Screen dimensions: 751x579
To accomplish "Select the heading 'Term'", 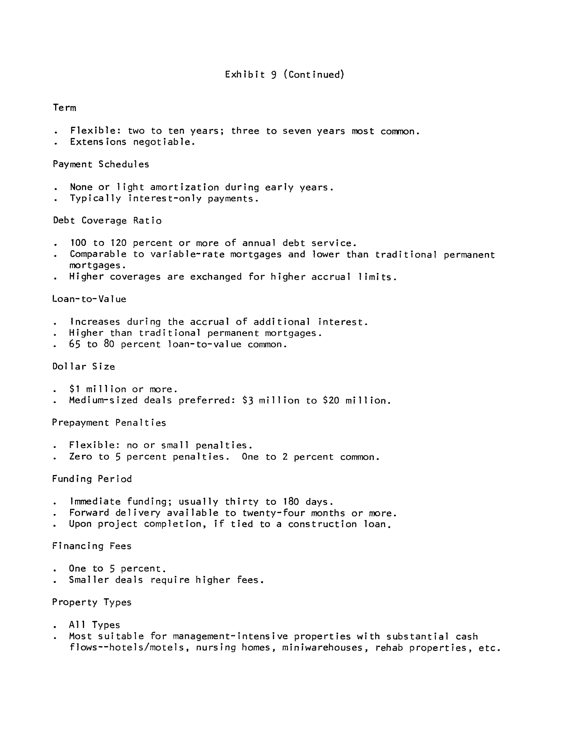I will point(65,108).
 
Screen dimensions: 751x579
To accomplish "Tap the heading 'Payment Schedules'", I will point(101,164).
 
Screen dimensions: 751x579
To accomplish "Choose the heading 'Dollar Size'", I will point(84,367).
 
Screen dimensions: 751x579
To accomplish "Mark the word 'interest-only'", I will point(165,199).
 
